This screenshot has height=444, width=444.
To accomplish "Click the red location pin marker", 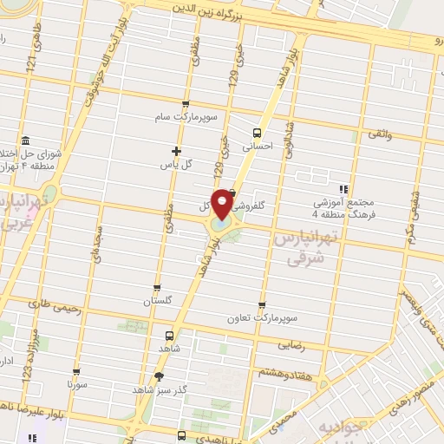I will click(x=223, y=204).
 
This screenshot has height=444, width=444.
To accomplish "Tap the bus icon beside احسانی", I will click(x=256, y=133).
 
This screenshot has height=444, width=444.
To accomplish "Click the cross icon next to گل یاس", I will click(x=177, y=151).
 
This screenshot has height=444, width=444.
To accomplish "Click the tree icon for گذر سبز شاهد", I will click(x=158, y=375).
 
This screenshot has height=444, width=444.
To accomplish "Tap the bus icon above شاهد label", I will click(x=170, y=334).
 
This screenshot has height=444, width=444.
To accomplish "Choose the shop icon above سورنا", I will click(x=77, y=369).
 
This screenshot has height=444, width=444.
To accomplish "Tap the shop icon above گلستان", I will click(x=156, y=288).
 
